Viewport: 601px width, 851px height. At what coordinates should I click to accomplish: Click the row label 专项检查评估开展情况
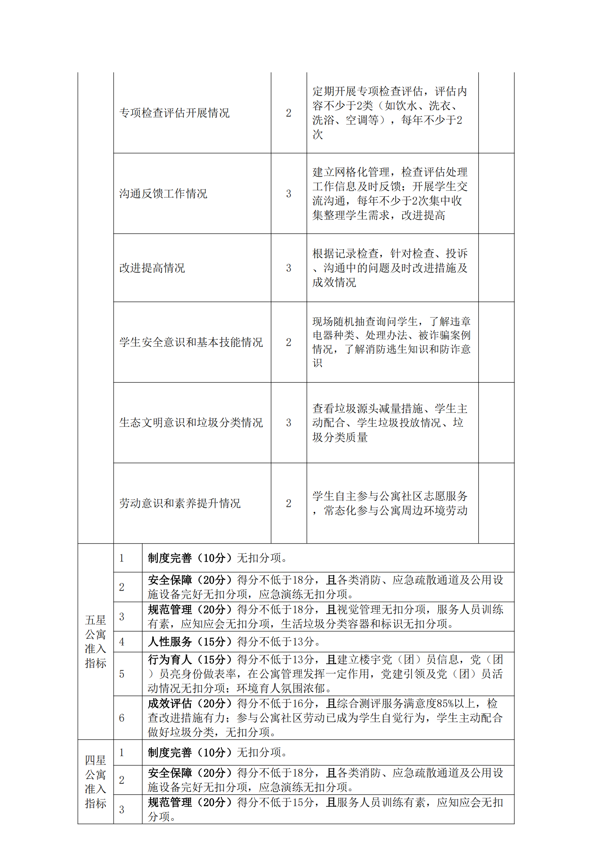tap(174, 113)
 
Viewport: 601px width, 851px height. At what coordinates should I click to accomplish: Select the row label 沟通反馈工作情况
tap(163, 194)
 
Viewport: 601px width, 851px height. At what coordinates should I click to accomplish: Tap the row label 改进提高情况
tap(152, 268)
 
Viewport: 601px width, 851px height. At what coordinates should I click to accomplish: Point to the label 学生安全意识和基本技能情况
tap(191, 342)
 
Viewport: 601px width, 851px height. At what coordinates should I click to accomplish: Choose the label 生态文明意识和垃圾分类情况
tap(191, 423)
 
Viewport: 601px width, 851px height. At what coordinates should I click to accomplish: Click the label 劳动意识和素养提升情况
tap(180, 503)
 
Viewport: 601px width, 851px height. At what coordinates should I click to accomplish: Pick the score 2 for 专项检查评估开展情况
tap(289, 113)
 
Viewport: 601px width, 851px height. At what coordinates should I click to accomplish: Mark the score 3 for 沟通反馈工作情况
tap(289, 194)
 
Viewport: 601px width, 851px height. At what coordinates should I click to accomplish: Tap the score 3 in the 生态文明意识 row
tap(289, 423)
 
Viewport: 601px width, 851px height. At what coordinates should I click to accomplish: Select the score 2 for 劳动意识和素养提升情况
tap(289, 503)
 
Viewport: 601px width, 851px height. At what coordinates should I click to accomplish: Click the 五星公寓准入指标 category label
tap(95, 641)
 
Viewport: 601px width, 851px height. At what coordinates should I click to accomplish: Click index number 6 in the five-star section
tap(122, 718)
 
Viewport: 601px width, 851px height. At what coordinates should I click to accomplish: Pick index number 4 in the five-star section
tap(122, 642)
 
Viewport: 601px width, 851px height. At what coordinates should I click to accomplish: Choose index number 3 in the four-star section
tap(122, 810)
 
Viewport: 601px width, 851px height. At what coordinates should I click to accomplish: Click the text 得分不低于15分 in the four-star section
tap(275, 802)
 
